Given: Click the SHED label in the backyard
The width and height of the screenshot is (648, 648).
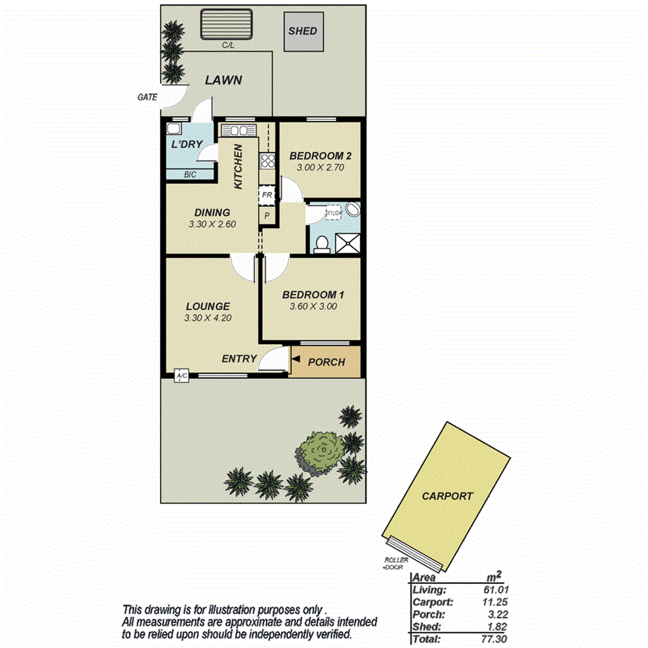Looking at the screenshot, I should point(302,31).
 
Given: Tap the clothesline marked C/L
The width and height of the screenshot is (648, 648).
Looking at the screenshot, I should point(227,26).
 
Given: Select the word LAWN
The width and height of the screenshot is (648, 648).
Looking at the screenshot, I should point(223,81).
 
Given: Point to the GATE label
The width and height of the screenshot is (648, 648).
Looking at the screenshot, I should point(147,98).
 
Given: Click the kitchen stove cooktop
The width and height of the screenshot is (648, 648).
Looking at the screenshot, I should point(268,161).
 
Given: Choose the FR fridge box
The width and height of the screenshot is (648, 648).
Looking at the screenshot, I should point(266,196).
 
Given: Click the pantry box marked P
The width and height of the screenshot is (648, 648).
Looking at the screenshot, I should point(266,216).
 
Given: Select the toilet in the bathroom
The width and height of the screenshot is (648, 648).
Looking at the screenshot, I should point(322,243).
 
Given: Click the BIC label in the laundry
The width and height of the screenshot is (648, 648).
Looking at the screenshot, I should point(190,175).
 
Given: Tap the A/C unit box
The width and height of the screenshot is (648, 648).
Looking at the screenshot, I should point(182,376).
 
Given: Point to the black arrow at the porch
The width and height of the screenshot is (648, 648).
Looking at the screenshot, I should point(296,359).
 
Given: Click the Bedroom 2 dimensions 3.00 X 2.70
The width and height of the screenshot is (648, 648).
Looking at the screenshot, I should point(317,168).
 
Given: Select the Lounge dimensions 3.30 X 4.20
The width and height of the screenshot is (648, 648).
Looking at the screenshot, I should point(208,318).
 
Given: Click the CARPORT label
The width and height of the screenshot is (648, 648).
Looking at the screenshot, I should point(448,496).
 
